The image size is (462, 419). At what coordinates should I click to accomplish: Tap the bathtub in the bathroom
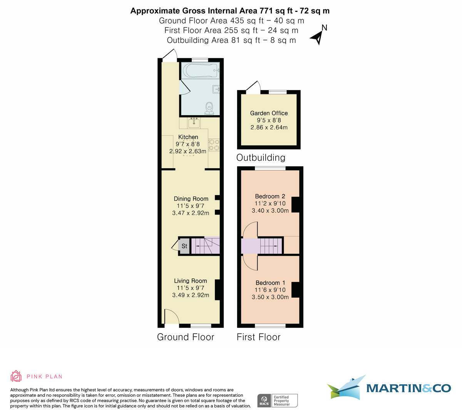tap(201, 70)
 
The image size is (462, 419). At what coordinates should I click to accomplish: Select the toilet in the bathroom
tap(209, 107)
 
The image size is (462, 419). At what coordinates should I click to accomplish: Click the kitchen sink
tap(194, 123)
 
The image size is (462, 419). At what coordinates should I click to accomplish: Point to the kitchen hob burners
tap(214, 145)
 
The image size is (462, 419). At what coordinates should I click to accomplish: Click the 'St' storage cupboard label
tap(184, 246)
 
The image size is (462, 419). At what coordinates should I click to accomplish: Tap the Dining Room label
tap(191, 199)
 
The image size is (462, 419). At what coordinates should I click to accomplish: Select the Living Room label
tap(191, 281)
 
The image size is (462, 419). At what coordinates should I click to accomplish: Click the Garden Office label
tap(269, 113)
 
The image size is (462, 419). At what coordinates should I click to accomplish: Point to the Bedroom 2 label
tap(270, 196)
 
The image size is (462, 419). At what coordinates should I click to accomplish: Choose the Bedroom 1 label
tap(270, 283)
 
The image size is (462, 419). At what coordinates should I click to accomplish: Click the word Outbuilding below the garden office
tap(261, 158)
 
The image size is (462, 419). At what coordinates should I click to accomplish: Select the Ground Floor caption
tap(186, 337)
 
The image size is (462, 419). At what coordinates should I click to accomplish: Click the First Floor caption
tap(258, 337)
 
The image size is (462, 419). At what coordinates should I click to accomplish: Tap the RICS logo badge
tap(264, 401)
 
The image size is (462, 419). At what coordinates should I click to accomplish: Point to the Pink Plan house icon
tap(16, 376)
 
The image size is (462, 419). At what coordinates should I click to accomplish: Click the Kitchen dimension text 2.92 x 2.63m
tap(188, 151)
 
